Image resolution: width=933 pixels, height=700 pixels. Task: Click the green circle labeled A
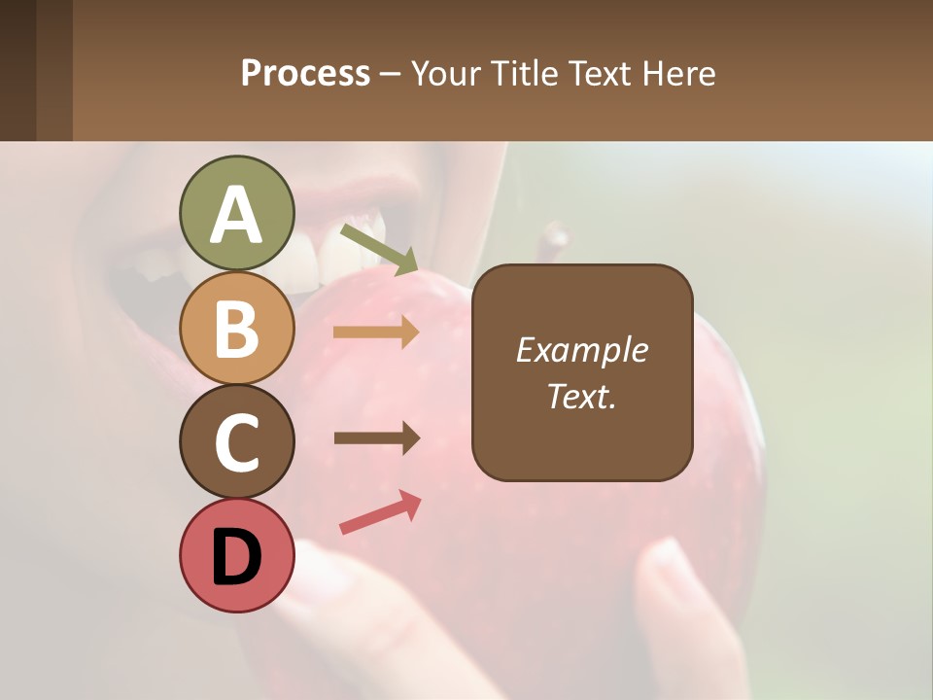point(236,214)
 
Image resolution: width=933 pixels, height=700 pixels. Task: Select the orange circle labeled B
point(236,328)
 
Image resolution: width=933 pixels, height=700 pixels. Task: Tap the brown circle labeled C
point(236,441)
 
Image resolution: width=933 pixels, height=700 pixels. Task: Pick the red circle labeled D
point(236,555)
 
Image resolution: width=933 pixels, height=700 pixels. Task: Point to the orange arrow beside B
point(376,332)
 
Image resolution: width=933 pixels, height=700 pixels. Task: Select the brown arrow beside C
point(376,438)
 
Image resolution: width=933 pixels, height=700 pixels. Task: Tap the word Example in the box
point(581,350)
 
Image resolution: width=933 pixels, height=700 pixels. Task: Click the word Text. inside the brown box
point(581,397)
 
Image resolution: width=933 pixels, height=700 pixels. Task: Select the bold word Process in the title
point(305,73)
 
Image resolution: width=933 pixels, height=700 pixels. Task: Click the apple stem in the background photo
point(556,237)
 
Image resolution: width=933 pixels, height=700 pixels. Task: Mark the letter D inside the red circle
point(236,557)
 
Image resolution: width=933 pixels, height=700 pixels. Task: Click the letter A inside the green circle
point(236,215)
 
